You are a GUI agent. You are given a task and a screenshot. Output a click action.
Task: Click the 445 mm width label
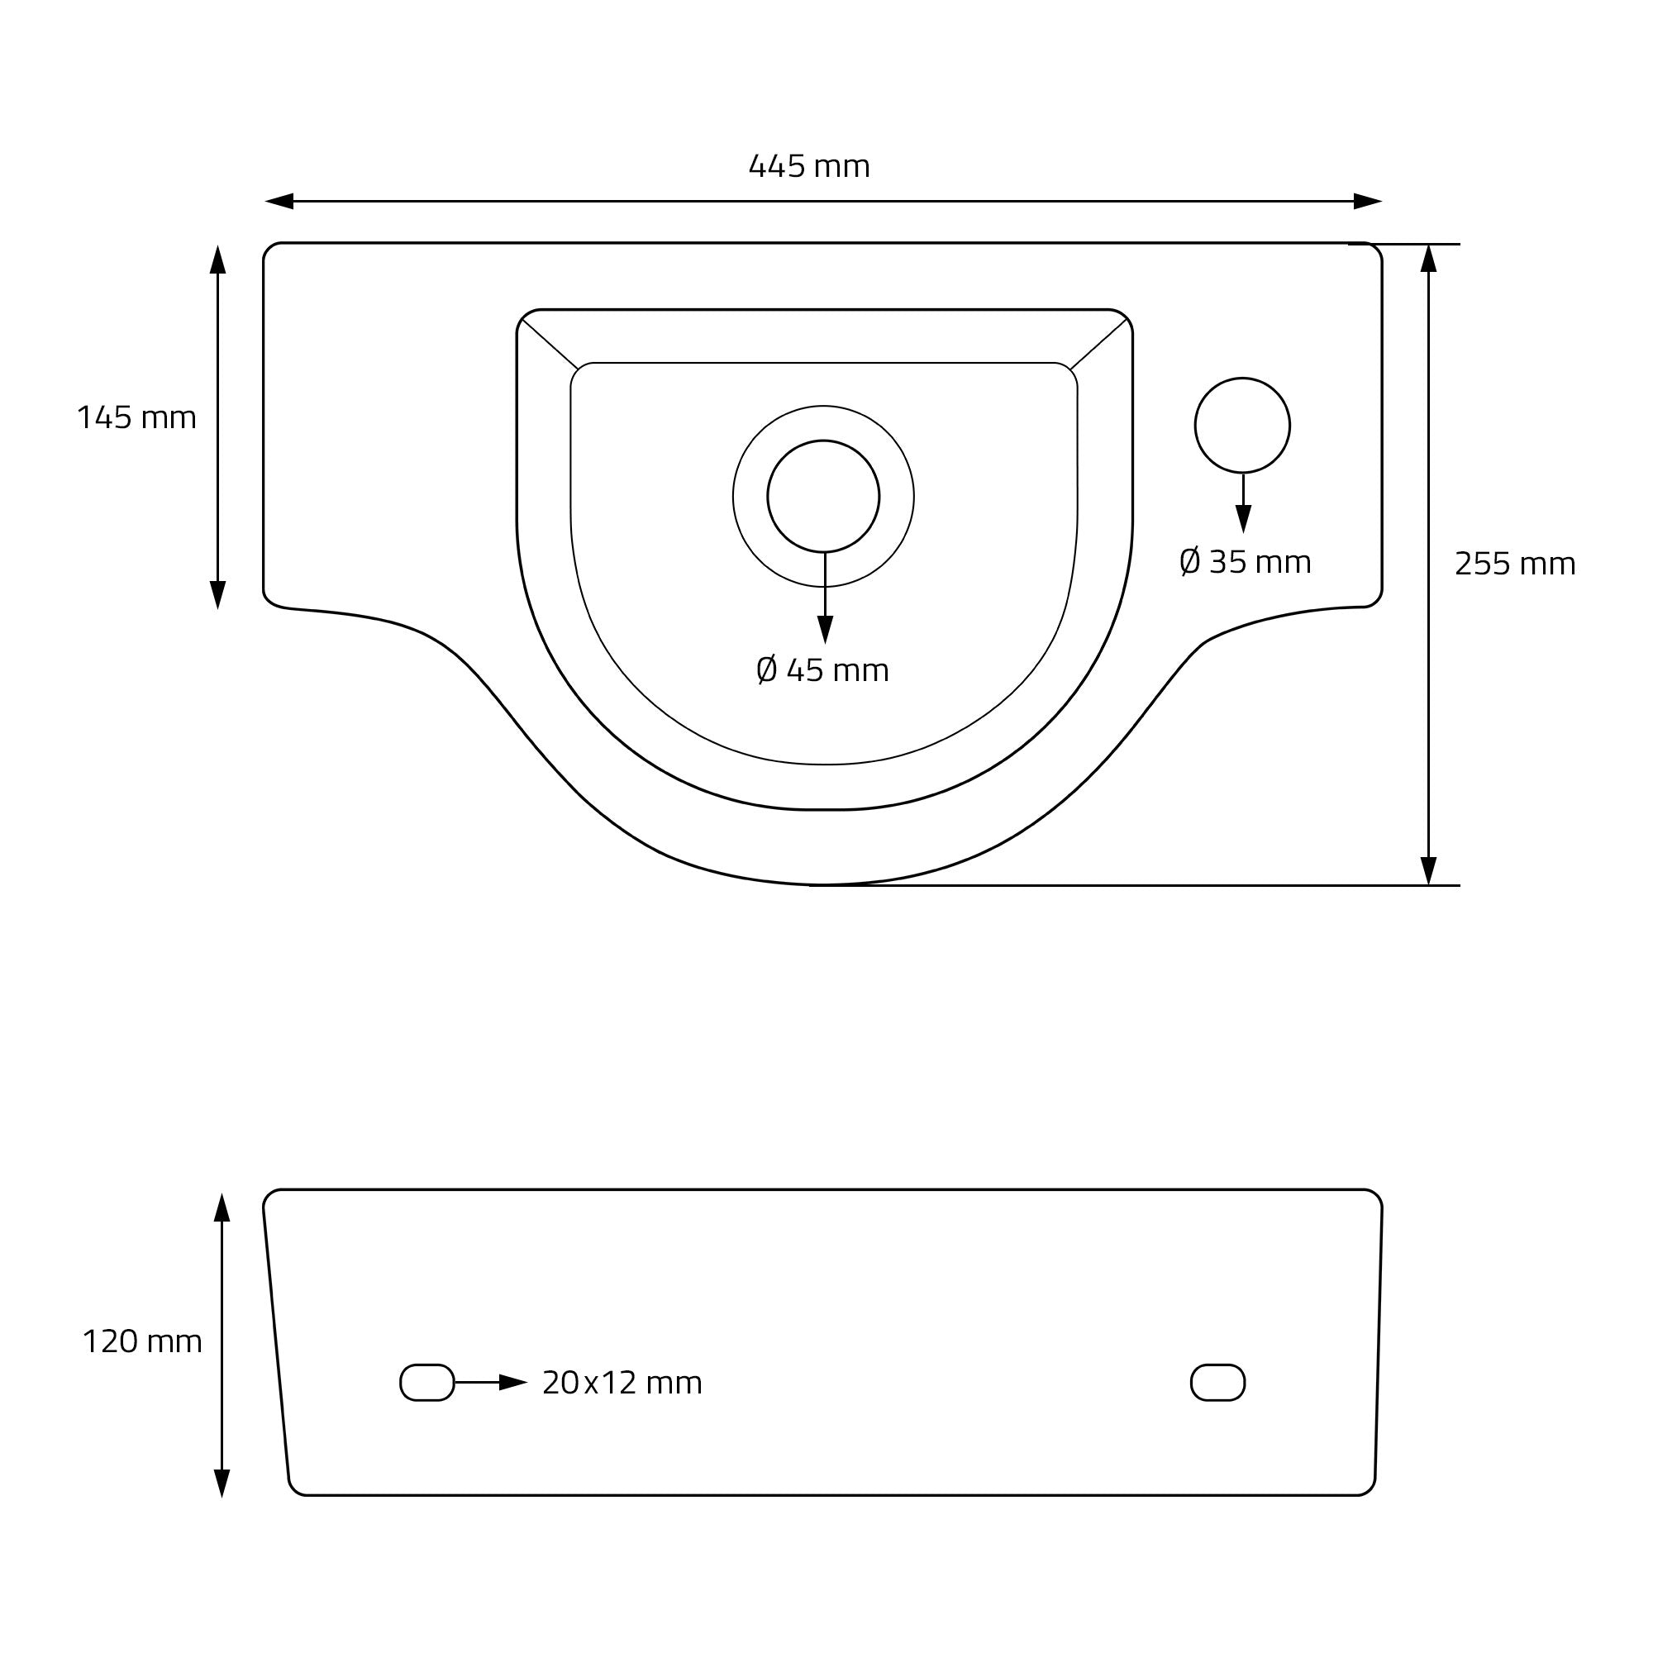809,166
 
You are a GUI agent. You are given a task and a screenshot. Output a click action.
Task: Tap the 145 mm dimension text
137,417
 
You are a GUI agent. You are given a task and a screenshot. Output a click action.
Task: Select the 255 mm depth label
1515,564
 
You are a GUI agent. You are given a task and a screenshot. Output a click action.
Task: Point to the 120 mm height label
142,1341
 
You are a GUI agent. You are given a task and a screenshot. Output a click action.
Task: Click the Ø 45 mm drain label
823,670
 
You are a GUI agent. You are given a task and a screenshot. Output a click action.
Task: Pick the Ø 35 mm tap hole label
1245,562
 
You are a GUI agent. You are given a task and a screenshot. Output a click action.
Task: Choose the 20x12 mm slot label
622,1383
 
